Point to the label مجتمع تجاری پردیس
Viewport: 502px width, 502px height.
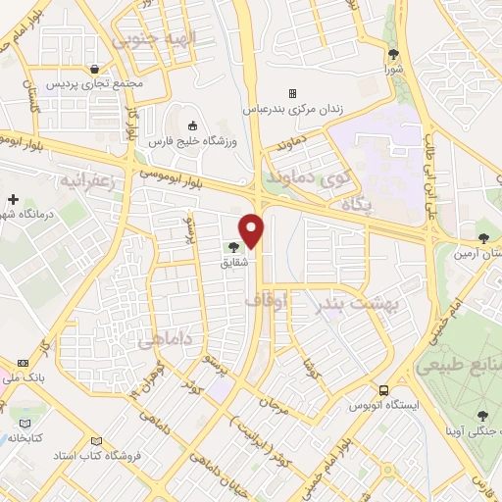click(x=94, y=83)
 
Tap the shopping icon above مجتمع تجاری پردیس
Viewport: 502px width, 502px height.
click(x=94, y=69)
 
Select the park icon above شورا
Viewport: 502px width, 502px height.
click(x=393, y=55)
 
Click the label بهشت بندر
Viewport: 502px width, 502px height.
click(x=359, y=305)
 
